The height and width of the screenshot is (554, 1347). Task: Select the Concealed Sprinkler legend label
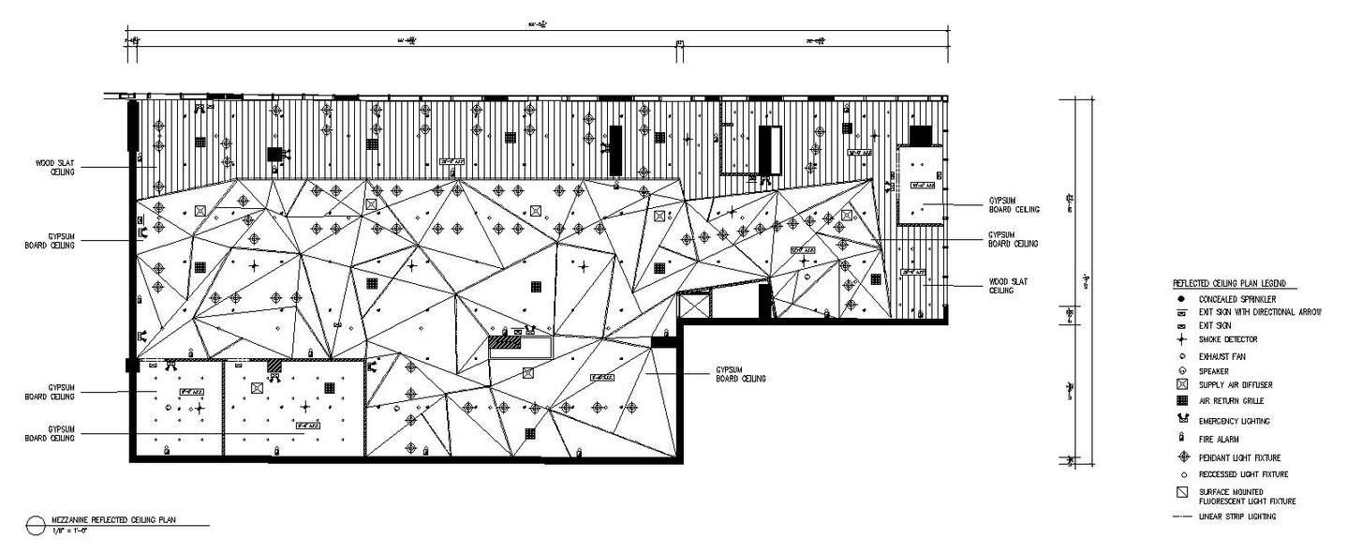point(1235,299)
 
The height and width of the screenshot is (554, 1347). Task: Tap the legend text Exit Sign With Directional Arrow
point(1260,311)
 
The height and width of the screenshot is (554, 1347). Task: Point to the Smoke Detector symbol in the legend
point(1182,339)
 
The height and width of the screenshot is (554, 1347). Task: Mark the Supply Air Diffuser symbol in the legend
point(1182,385)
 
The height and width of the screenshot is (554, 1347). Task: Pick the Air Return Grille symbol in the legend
point(1182,400)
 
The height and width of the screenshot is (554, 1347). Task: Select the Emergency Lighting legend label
point(1234,421)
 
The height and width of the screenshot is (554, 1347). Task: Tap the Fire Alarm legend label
point(1219,439)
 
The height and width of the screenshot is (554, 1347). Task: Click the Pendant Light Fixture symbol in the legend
point(1182,457)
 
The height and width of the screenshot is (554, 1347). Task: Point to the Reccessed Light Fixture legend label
point(1239,474)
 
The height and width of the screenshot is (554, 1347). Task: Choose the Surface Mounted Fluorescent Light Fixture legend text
point(1247,497)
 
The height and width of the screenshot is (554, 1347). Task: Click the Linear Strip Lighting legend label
point(1236,517)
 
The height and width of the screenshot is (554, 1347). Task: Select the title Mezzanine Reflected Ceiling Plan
point(113,518)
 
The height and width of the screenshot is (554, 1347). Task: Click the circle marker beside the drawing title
point(36,524)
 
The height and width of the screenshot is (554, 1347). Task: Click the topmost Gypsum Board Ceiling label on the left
point(50,240)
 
